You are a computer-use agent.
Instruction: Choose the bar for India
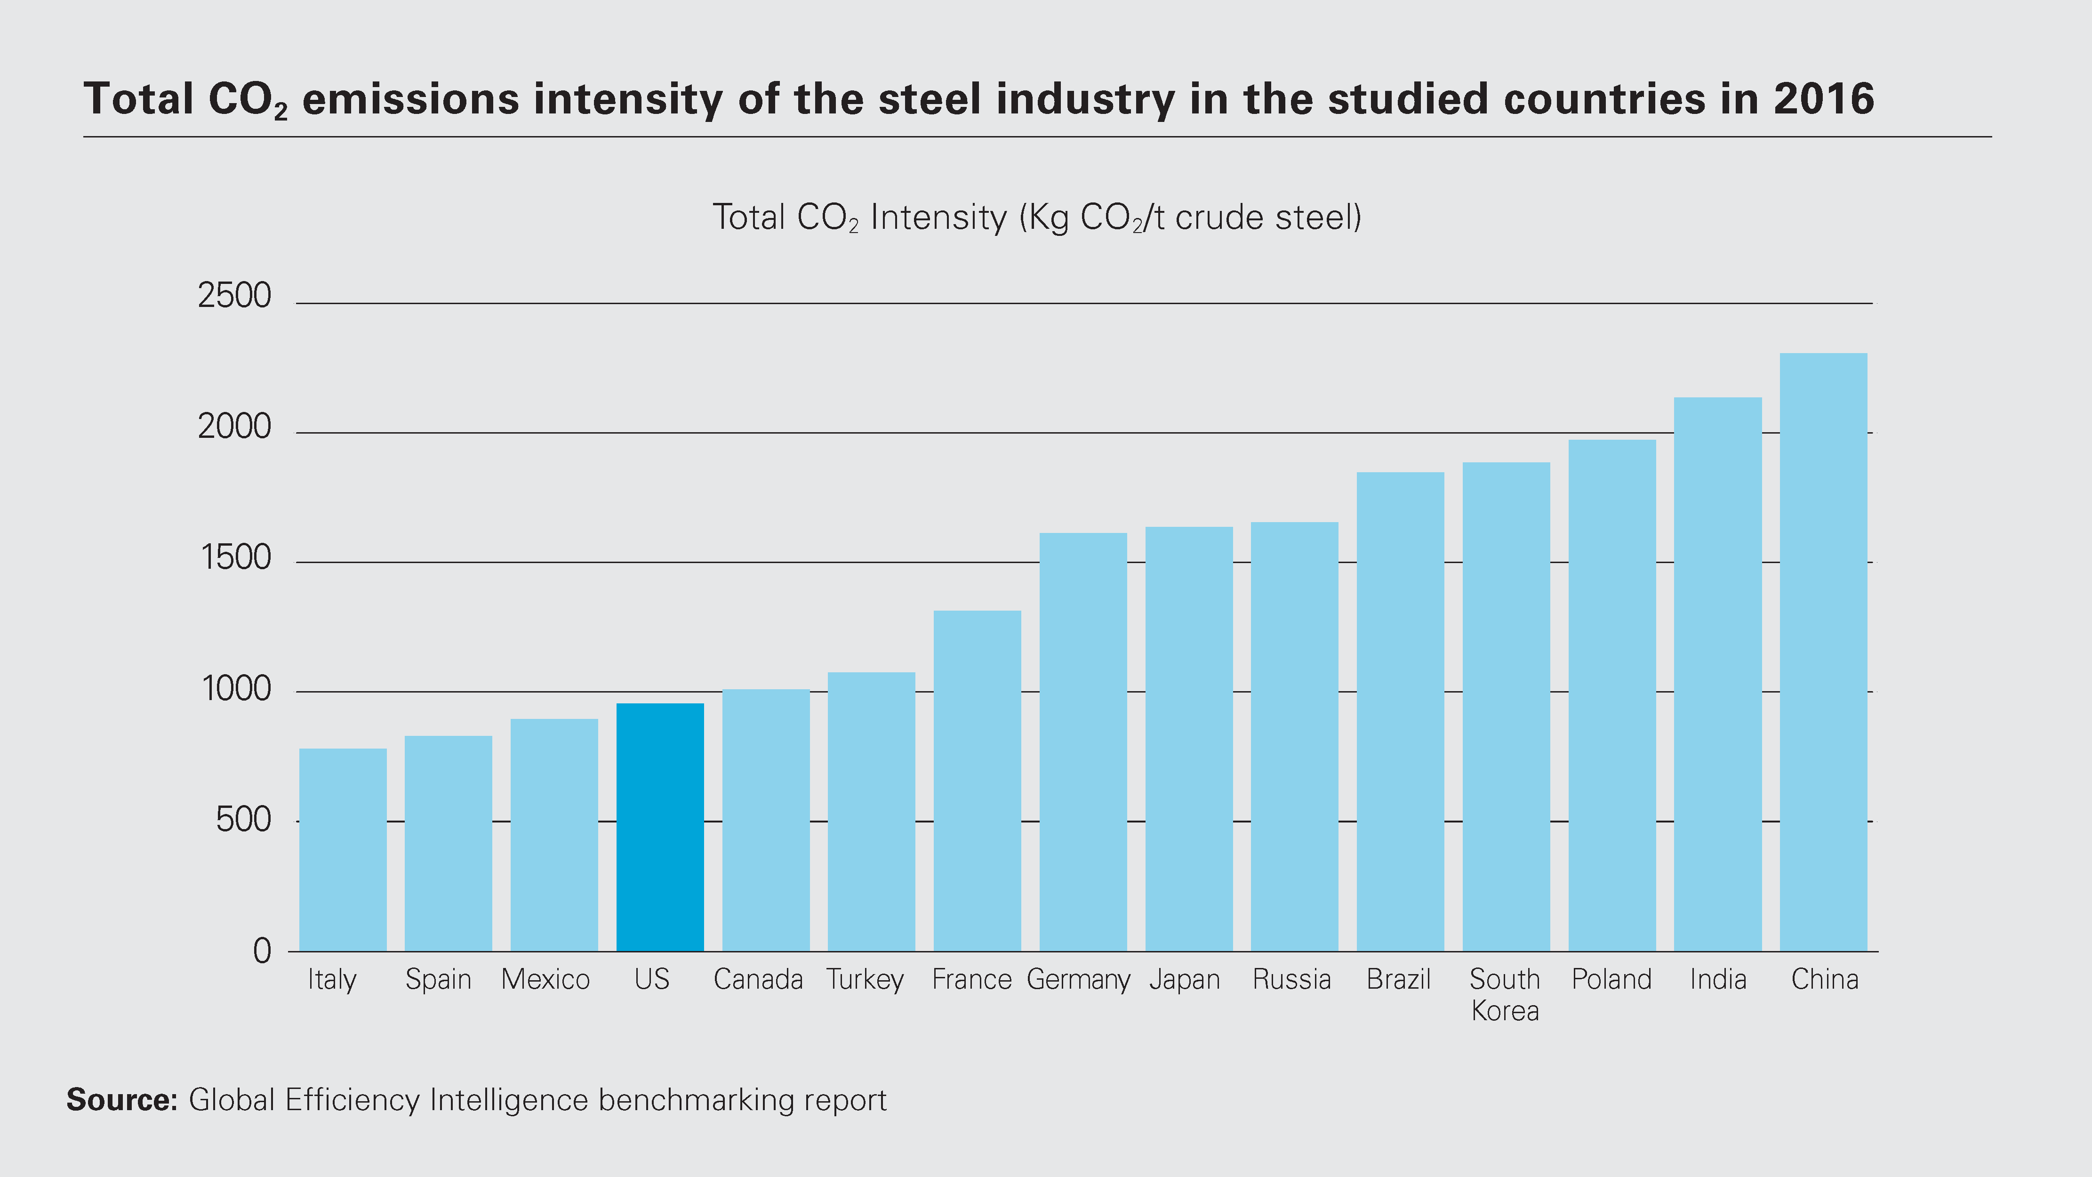click(x=1718, y=674)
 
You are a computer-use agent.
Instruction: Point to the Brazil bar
click(x=1400, y=711)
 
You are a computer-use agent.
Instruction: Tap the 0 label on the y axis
click(x=262, y=951)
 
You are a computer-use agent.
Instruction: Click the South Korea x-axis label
click(x=1505, y=995)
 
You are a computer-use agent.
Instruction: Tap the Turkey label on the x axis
click(x=865, y=980)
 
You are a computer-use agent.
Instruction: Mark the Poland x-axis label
click(x=1611, y=980)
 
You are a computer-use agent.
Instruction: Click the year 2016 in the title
click(x=1823, y=99)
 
